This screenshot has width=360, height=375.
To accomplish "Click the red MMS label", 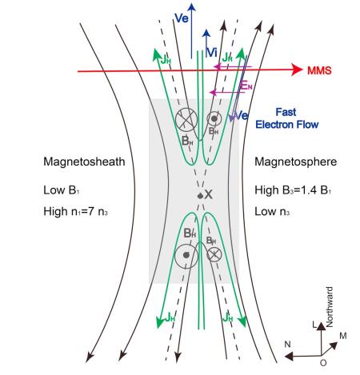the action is click(x=319, y=70).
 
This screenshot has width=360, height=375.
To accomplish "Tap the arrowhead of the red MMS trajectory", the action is click(x=298, y=70).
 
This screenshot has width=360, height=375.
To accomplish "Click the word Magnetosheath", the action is click(x=84, y=162).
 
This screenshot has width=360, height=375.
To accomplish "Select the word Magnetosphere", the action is click(x=296, y=162).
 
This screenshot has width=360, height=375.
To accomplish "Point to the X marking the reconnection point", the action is click(x=209, y=194).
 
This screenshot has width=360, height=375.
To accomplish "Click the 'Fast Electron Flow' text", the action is click(x=287, y=118).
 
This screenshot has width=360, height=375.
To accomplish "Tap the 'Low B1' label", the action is click(x=62, y=190).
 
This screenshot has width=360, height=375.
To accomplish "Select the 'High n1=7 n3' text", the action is click(x=75, y=212).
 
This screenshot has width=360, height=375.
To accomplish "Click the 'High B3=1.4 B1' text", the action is click(x=293, y=190).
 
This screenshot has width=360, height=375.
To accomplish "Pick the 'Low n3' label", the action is click(x=272, y=212).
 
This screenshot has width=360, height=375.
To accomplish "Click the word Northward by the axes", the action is click(x=330, y=307).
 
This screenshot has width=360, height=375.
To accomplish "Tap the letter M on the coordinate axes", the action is click(x=343, y=336).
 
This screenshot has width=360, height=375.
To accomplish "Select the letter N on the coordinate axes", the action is click(x=287, y=345).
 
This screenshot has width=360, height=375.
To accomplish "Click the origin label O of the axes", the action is click(x=323, y=363).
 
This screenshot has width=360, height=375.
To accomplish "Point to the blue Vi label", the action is click(x=212, y=53).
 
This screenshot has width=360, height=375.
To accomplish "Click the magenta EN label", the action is click(x=246, y=86).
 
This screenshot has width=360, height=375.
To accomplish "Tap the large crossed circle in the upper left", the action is click(x=186, y=120).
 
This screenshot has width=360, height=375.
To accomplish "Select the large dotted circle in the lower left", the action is click(x=186, y=256).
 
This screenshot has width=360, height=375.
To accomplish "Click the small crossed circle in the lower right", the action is click(x=214, y=254).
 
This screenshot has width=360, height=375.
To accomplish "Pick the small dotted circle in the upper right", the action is click(x=214, y=119).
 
